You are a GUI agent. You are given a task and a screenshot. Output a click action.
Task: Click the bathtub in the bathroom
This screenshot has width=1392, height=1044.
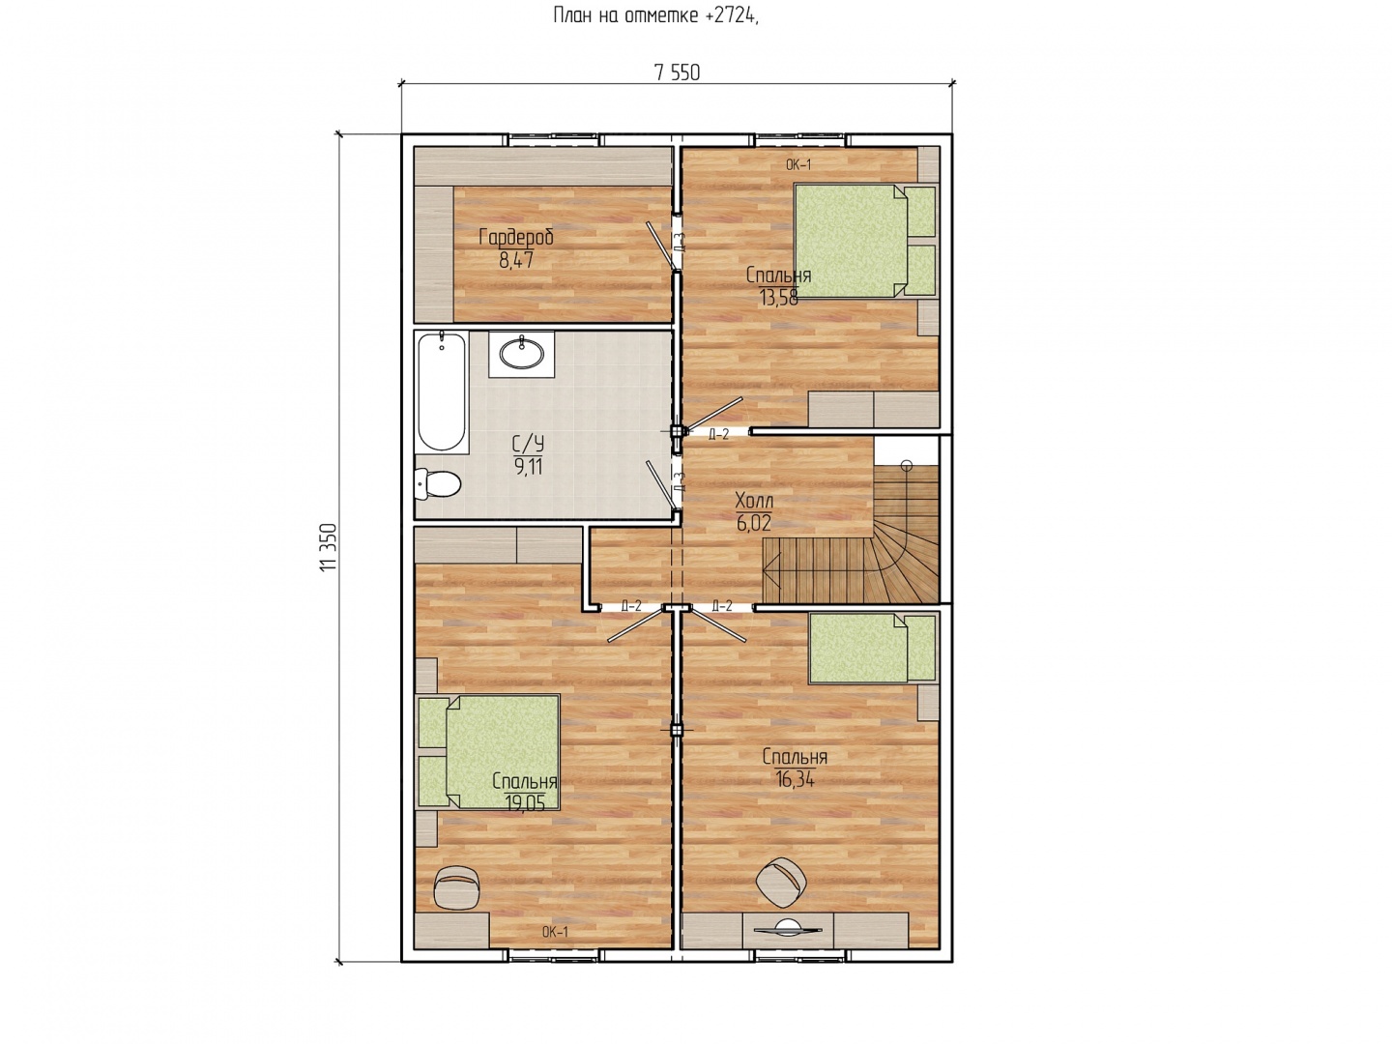click(x=442, y=392)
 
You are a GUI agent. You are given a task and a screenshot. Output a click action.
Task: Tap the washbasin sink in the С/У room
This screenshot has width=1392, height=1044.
click(x=521, y=353)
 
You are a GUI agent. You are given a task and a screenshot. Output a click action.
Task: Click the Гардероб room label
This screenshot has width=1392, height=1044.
click(x=516, y=238)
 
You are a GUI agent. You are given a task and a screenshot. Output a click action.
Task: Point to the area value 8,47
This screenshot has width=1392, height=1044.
click(x=516, y=260)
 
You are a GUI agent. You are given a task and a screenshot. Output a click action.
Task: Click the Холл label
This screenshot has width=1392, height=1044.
click(x=754, y=501)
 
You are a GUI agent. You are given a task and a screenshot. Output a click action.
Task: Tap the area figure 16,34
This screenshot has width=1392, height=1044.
click(x=795, y=779)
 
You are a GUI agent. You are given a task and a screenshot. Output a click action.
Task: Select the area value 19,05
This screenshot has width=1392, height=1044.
click(x=525, y=803)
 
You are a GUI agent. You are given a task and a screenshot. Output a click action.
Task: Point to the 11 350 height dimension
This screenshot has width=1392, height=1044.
click(x=328, y=547)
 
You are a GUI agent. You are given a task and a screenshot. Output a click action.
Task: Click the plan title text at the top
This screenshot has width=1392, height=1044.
click(x=655, y=15)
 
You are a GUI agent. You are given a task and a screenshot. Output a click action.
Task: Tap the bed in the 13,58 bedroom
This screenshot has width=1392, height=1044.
click(x=865, y=241)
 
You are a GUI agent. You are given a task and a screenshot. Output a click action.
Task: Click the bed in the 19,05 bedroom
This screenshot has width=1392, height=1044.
click(x=488, y=752)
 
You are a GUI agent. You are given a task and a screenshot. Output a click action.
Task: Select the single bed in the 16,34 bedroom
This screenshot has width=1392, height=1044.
click(x=873, y=649)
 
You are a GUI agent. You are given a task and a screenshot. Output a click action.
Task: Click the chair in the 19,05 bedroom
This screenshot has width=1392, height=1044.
click(x=455, y=885)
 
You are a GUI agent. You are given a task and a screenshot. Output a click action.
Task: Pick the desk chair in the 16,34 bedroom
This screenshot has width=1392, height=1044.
click(x=781, y=882)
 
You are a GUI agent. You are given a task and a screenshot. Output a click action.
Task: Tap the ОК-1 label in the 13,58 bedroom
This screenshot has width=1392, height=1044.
click(x=798, y=165)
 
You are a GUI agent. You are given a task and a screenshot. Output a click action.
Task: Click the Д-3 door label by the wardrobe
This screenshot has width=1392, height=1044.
click(x=679, y=243)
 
